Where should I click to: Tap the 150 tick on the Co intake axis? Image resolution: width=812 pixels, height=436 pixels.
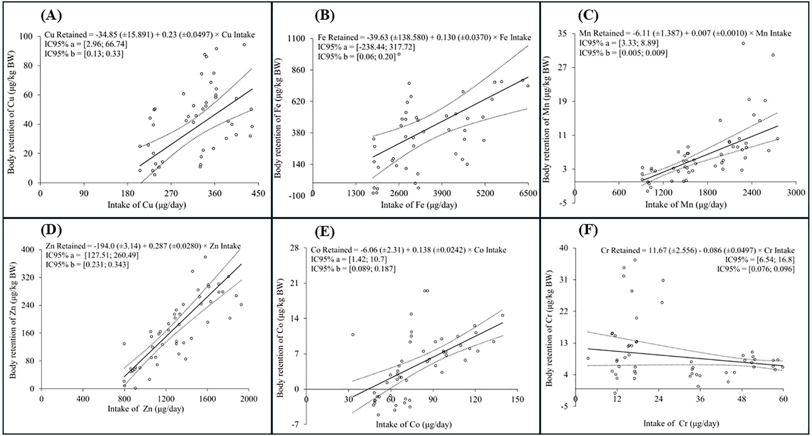click(517, 400)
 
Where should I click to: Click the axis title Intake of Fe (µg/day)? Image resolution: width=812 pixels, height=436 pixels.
click(418, 205)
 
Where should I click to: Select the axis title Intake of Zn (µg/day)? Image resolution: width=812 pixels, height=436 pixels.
click(146, 409)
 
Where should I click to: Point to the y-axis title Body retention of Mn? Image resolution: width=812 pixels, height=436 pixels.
click(549, 119)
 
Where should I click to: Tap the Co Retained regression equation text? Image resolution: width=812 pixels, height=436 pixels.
click(408, 250)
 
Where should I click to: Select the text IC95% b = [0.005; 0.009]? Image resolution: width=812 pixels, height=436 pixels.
click(623, 53)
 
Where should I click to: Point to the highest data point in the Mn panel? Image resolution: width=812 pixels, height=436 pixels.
click(743, 43)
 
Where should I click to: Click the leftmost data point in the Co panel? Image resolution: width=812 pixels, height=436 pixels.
click(352, 334)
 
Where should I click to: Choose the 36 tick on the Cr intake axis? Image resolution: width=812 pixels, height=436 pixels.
click(700, 399)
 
